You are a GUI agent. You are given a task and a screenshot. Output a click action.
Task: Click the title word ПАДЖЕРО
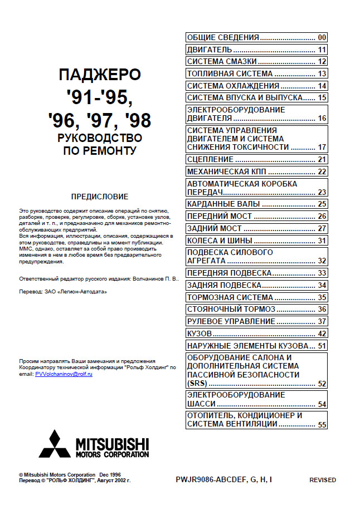[100, 75]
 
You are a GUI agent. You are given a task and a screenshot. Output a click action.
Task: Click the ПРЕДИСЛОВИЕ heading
[100, 197]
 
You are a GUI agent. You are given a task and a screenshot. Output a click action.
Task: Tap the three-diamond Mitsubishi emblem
[54, 444]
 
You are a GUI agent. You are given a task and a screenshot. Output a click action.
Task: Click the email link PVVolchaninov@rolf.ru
[64, 374]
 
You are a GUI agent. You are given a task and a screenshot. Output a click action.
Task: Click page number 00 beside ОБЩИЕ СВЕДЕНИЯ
[322, 38]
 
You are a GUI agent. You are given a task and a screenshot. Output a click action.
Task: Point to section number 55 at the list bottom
[322, 425]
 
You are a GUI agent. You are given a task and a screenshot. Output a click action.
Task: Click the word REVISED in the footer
[323, 480]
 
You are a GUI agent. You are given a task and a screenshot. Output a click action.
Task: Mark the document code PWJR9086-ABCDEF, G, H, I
[223, 479]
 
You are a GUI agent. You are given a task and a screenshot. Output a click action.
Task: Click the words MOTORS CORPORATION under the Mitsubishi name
[112, 454]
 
